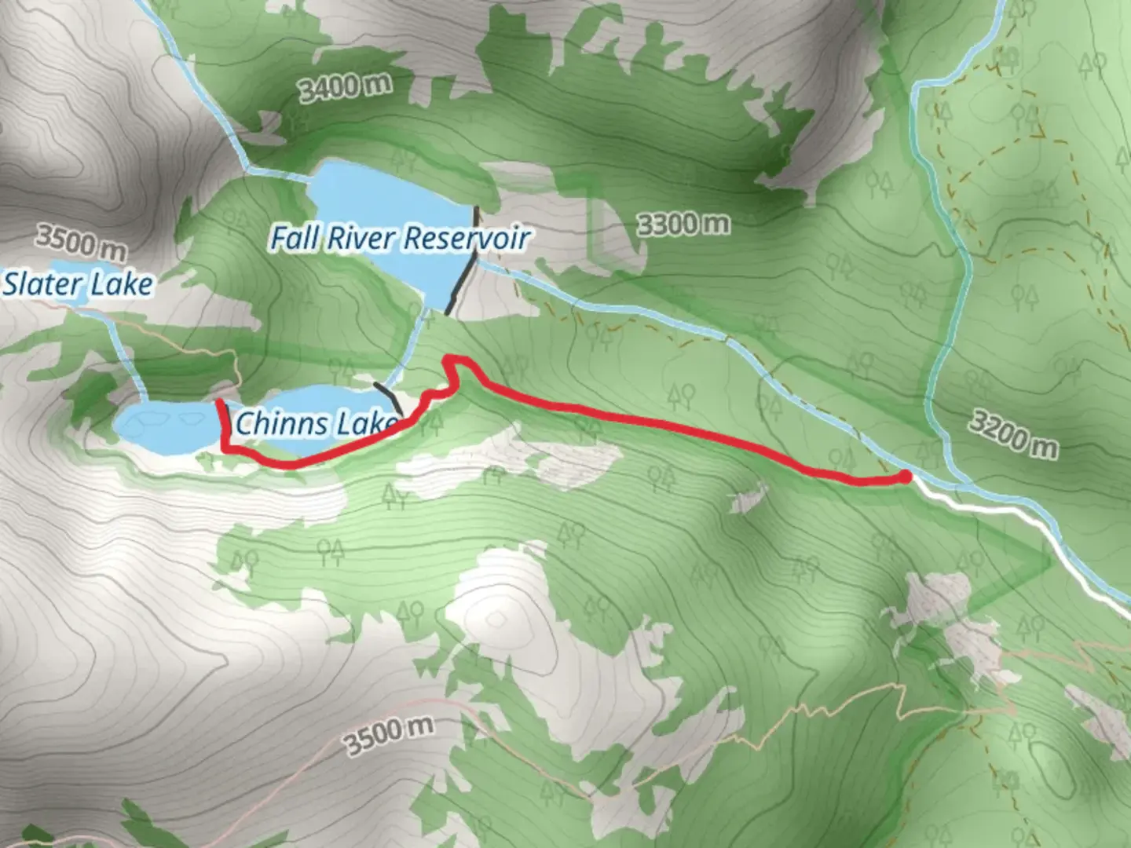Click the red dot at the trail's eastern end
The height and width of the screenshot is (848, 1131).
coord(905,476)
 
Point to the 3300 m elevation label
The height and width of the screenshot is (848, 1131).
coord(683,225)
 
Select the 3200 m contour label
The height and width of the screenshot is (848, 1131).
coord(1012,434)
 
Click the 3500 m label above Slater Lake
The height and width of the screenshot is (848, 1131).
coord(80,242)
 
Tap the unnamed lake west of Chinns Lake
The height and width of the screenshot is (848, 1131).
coord(161,427)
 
